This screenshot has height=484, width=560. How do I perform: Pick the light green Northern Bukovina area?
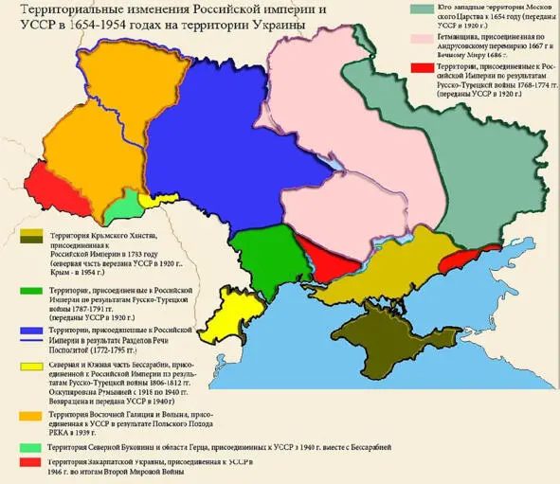tap(120, 207)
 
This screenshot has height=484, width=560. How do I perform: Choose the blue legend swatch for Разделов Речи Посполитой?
tap(28, 329)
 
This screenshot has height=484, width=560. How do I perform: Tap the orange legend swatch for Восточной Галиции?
tap(28, 416)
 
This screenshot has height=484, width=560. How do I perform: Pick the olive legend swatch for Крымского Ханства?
tap(28, 234)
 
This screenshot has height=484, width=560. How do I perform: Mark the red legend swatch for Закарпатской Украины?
tap(28, 460)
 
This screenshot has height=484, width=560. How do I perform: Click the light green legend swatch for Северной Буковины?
tap(28, 445)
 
